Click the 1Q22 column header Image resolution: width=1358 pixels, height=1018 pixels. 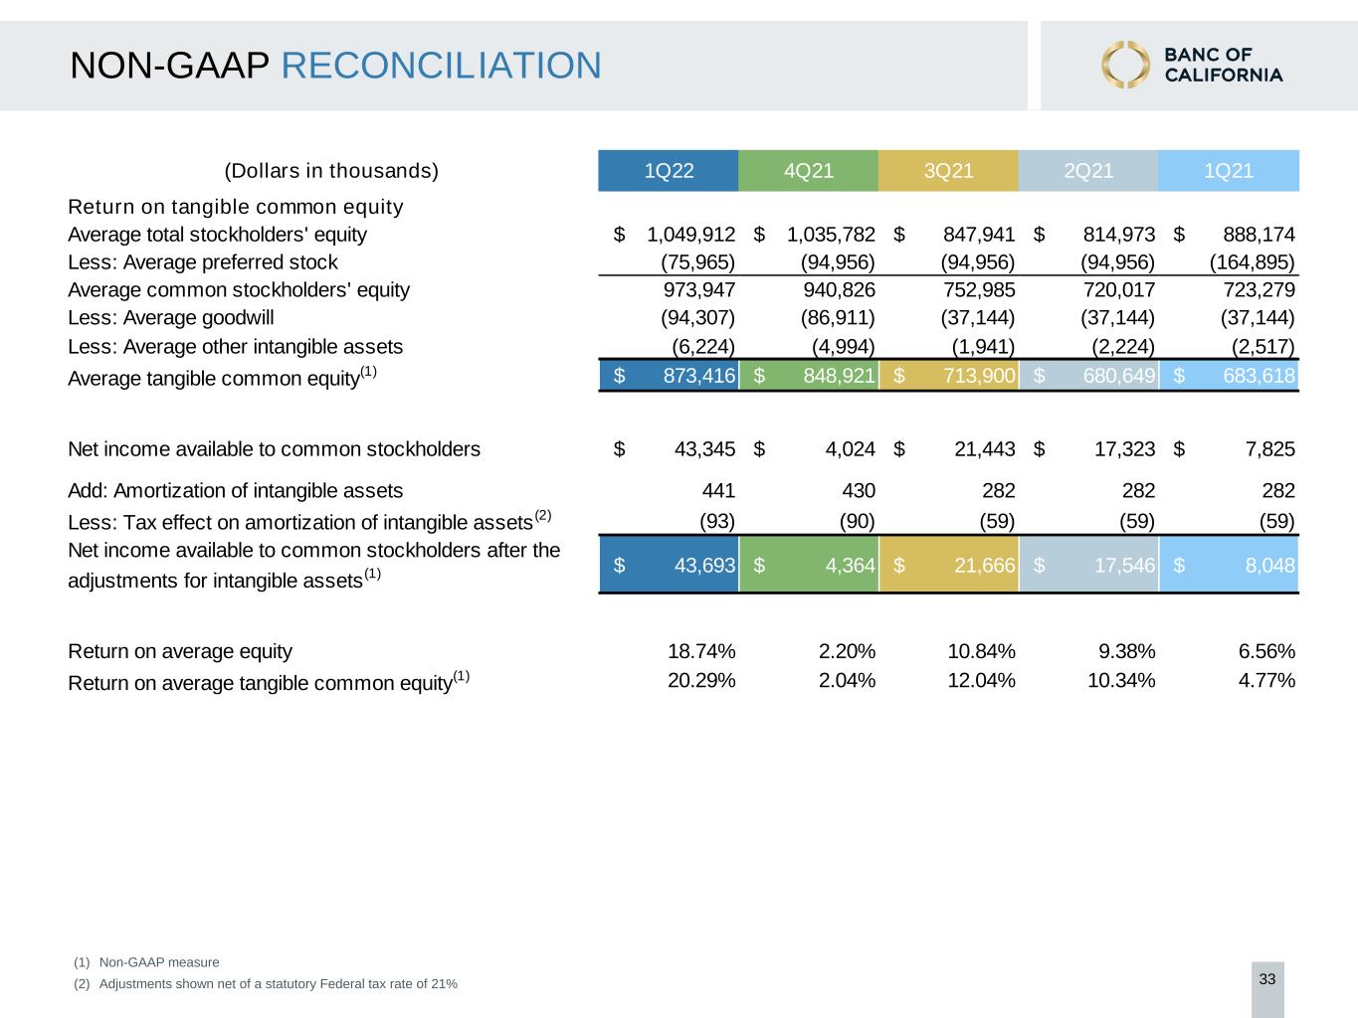(x=669, y=171)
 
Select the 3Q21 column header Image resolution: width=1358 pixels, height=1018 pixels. (x=948, y=171)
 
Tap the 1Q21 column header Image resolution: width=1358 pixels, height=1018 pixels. (x=1228, y=171)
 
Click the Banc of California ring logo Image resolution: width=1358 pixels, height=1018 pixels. (x=1125, y=65)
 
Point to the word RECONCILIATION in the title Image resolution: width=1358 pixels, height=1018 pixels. (x=441, y=66)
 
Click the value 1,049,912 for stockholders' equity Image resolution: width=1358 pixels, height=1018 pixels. (x=690, y=235)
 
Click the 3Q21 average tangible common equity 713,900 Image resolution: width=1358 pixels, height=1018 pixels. (x=979, y=376)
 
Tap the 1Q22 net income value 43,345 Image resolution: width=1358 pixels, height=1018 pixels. (x=704, y=449)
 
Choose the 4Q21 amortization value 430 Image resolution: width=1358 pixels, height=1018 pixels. (x=859, y=491)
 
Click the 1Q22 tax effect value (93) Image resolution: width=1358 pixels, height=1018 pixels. (x=717, y=521)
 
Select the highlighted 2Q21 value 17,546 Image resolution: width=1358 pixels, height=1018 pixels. (x=1124, y=566)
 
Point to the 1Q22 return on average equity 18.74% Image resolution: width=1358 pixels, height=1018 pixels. (x=701, y=651)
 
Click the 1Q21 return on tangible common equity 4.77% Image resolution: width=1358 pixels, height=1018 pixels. (x=1265, y=681)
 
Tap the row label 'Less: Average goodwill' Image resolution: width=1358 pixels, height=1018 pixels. (x=171, y=318)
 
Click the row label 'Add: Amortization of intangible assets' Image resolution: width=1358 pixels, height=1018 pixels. (x=235, y=491)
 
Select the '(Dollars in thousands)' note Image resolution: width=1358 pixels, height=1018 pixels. (x=331, y=171)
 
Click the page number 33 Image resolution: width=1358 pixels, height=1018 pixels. (x=1267, y=979)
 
